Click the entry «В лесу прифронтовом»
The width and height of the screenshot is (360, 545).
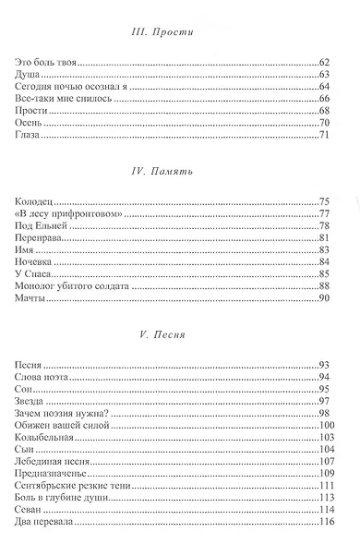click(x=69, y=213)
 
